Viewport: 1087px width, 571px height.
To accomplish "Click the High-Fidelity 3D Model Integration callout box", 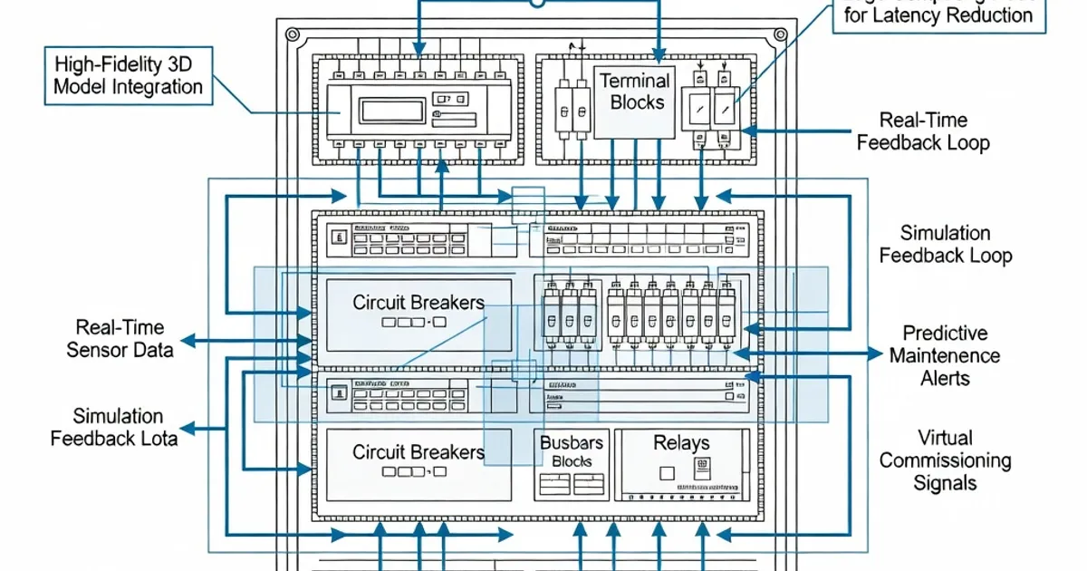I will pyautogui.click(x=128, y=76).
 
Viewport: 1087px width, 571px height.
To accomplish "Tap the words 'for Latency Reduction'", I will pyautogui.click(x=938, y=15).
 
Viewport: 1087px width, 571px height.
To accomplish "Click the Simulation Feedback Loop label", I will pyautogui.click(x=945, y=245).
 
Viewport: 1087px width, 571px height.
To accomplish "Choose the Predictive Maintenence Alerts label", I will pyautogui.click(x=945, y=356).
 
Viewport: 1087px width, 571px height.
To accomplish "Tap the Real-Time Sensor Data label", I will pyautogui.click(x=120, y=338).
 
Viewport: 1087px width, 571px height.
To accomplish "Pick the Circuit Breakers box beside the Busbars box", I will pyautogui.click(x=418, y=462).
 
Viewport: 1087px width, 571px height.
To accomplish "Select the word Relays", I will pyautogui.click(x=681, y=443).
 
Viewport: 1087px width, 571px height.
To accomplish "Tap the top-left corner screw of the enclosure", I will pyautogui.click(x=293, y=35).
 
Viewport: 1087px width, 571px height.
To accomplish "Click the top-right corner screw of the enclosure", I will pyautogui.click(x=780, y=35).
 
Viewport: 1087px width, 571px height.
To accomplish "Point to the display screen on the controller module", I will pyautogui.click(x=388, y=111).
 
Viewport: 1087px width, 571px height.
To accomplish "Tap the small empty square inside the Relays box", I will pyautogui.click(x=667, y=472).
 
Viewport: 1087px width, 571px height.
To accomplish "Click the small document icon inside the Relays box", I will pyautogui.click(x=699, y=469).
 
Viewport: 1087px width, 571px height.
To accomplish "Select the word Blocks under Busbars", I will pyautogui.click(x=572, y=461).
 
